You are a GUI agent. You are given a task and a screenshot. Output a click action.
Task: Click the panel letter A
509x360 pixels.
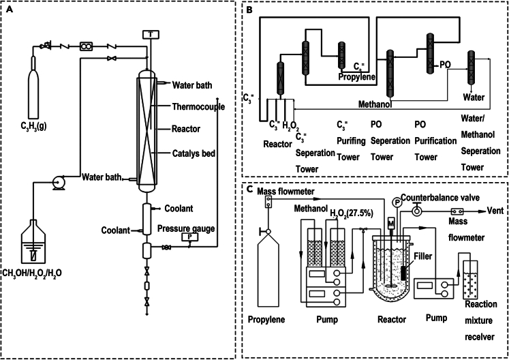pyautogui.click(x=10, y=10)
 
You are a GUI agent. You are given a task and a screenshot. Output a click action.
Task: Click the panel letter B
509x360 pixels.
pyautogui.click(x=250, y=10)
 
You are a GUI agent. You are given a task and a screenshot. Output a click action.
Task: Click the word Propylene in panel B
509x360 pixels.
pyautogui.click(x=357, y=78)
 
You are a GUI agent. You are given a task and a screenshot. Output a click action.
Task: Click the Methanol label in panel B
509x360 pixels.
pyautogui.click(x=378, y=104)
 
